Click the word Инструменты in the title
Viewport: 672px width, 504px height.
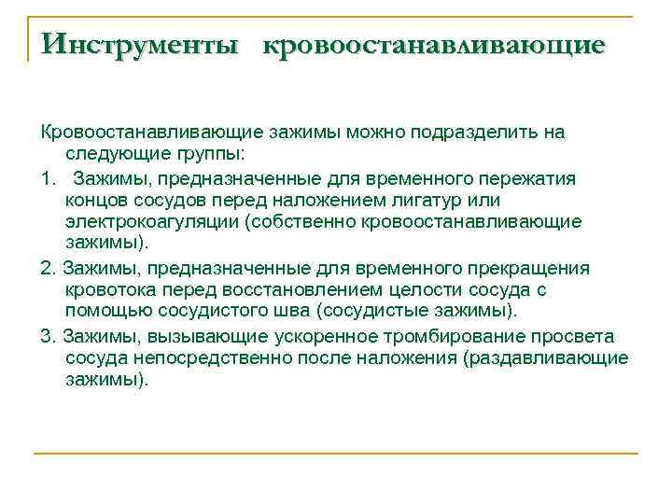coord(140,44)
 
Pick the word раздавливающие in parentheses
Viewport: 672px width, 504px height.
coord(552,358)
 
